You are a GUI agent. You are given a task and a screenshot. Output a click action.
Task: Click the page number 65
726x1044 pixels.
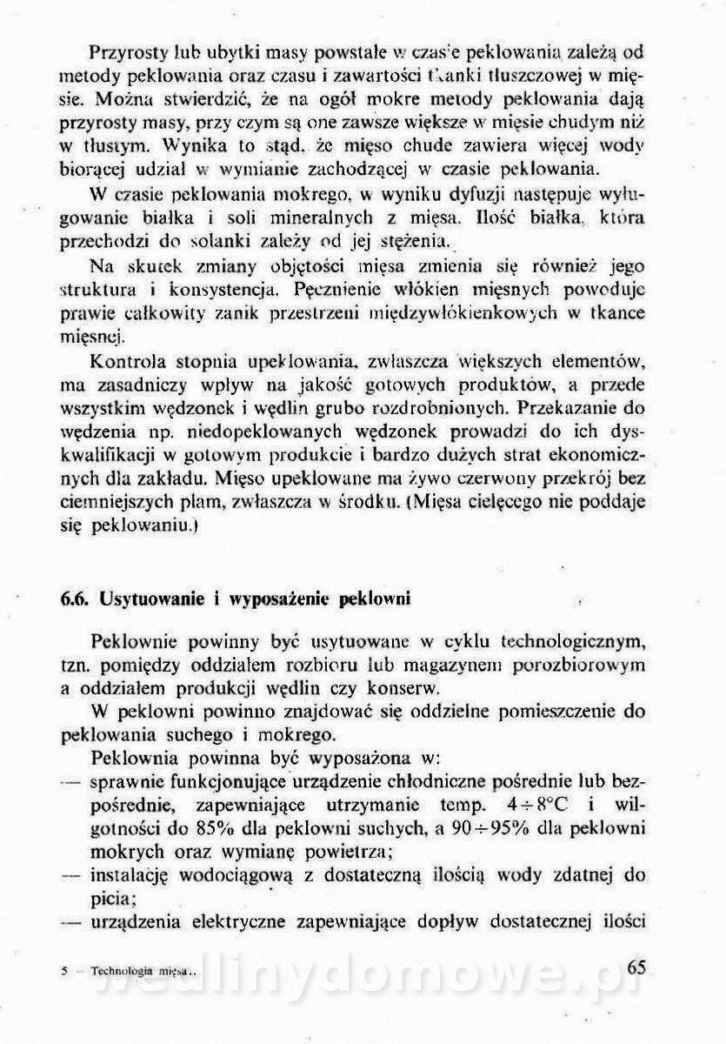coord(635,968)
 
